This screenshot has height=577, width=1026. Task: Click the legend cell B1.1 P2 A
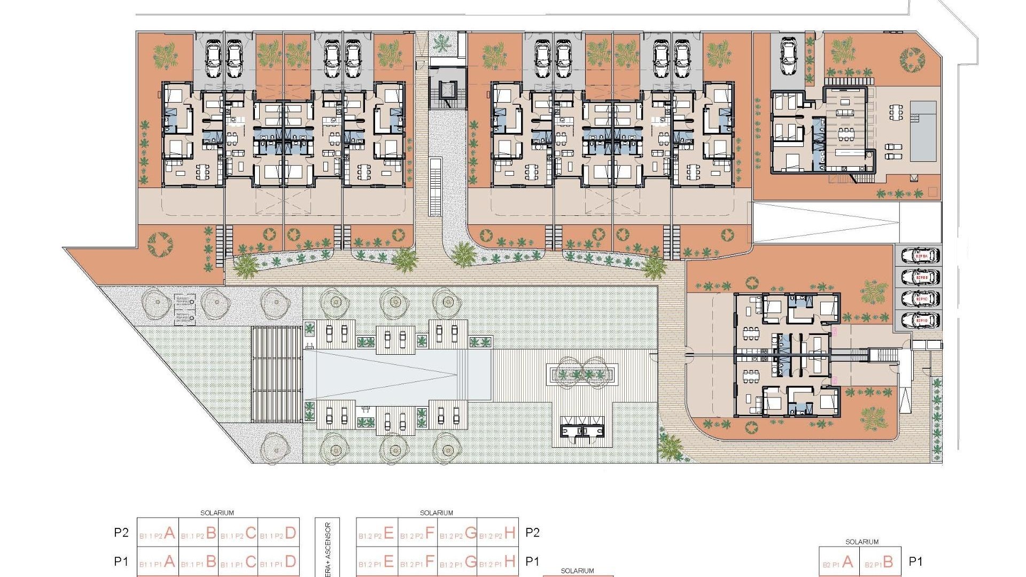pos(158,533)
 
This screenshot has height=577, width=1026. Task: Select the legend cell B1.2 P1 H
pos(498,562)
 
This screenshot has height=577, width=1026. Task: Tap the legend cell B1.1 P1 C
pos(238,562)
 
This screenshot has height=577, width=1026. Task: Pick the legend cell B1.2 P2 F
pos(417,533)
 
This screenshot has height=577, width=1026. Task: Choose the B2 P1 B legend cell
pos(881,562)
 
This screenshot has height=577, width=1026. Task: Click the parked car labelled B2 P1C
pos(920,300)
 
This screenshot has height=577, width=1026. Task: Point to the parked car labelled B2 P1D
pos(920,321)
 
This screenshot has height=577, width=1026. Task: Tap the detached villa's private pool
pos(923,131)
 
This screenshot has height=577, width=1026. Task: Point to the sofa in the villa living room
pos(845,113)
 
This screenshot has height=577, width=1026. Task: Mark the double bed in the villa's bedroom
pos(790,159)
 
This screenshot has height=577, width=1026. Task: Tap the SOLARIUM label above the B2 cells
pos(861,542)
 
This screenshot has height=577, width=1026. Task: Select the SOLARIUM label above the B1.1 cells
pos(217,513)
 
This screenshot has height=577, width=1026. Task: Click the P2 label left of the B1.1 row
pos(121,533)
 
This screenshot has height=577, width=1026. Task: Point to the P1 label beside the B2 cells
pos(916,562)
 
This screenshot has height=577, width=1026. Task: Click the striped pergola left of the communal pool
pos(276,375)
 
